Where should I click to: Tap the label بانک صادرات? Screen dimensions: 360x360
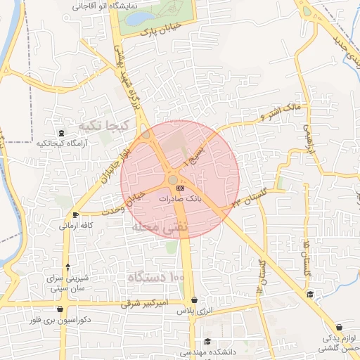[x=179, y=199]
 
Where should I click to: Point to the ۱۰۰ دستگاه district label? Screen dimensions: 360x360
[x=155, y=279]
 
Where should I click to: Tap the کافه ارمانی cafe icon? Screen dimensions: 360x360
[x=76, y=214]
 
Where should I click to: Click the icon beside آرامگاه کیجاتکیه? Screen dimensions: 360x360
[x=61, y=133]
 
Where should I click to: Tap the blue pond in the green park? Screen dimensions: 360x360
[x=141, y=18]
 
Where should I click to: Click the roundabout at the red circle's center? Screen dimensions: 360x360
[x=173, y=181]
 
